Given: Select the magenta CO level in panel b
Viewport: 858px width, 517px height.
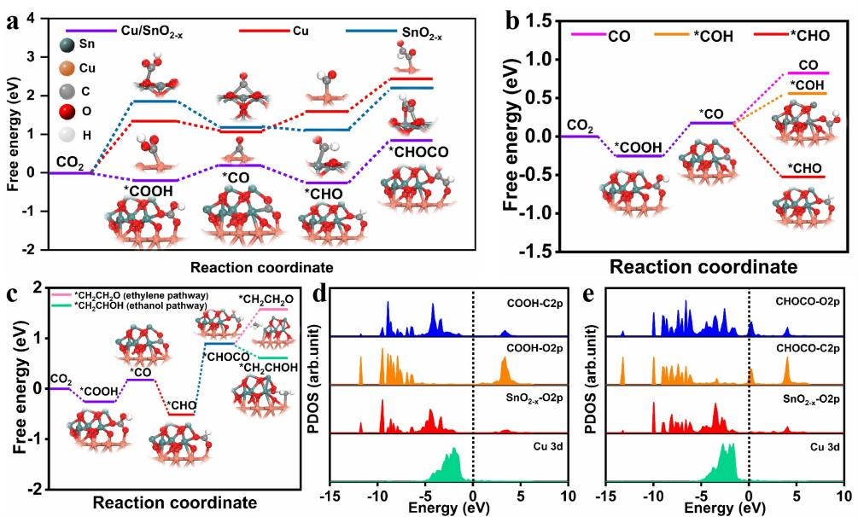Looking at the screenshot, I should tap(802, 73).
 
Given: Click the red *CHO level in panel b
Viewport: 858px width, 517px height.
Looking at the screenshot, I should tap(802, 177).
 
